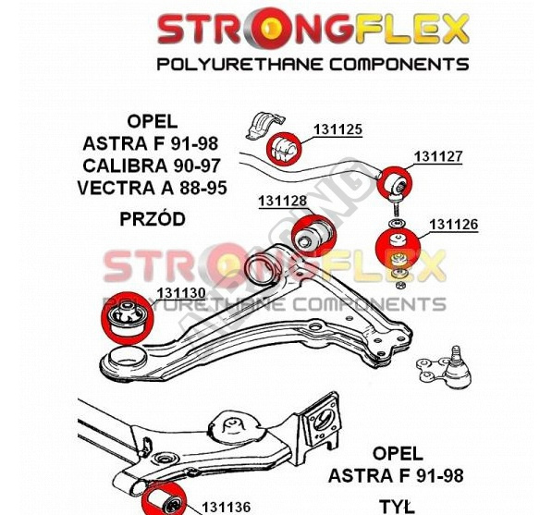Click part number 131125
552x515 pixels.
pos(337,129)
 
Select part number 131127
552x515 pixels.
pos(438,156)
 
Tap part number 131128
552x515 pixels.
pos(283,201)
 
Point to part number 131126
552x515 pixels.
pos(453,225)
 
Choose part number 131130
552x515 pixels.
pos(181,293)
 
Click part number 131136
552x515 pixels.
pos(226,508)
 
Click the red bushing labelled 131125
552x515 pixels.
pos(284,149)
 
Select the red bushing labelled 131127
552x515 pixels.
pos(394,181)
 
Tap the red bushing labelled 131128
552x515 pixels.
pos(314,235)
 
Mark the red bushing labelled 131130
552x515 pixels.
pos(128,317)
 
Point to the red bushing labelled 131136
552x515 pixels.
pos(166,500)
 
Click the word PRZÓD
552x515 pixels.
pos(153,218)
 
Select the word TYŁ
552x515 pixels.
pos(397,506)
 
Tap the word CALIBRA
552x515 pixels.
pos(125,166)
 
